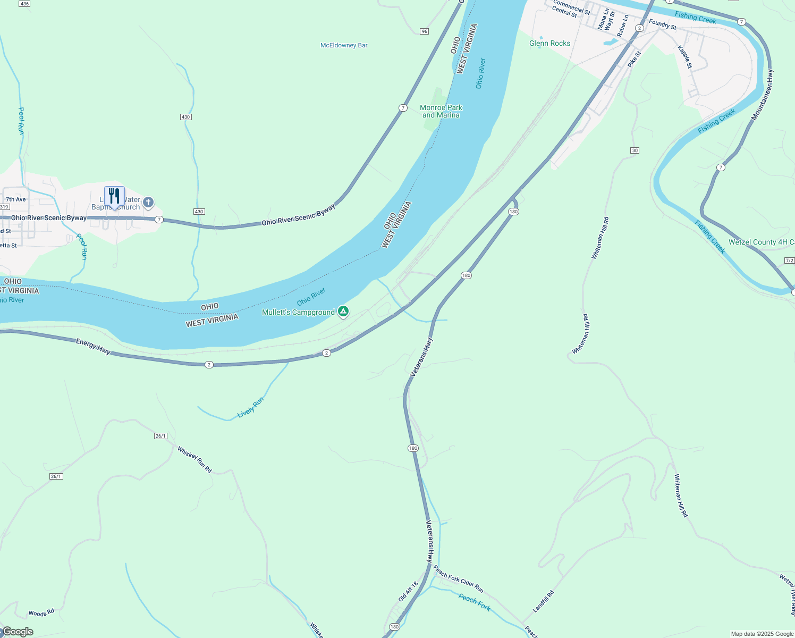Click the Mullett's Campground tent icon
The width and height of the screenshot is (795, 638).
click(343, 312)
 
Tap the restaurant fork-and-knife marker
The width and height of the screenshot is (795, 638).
click(114, 196)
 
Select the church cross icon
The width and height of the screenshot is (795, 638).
click(148, 202)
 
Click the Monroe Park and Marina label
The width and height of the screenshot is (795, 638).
click(441, 111)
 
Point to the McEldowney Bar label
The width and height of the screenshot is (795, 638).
click(344, 45)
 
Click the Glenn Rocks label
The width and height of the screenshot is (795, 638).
click(549, 43)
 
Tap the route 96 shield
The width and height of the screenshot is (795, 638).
click(424, 31)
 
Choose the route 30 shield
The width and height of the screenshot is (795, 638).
click(635, 150)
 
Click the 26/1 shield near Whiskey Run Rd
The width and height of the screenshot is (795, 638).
click(160, 436)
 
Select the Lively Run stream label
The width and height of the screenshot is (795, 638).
click(250, 407)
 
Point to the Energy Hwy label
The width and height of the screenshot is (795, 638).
click(93, 346)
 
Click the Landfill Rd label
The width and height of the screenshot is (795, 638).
click(544, 601)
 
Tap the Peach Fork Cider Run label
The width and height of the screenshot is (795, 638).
click(458, 579)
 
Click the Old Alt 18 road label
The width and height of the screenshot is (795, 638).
click(409, 591)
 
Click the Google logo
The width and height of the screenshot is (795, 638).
click(18, 632)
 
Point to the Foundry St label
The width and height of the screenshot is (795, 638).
click(663, 24)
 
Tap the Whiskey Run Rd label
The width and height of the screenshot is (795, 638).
click(194, 460)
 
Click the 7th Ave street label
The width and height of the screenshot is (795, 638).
click(16, 199)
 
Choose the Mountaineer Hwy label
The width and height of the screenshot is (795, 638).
click(762, 95)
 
